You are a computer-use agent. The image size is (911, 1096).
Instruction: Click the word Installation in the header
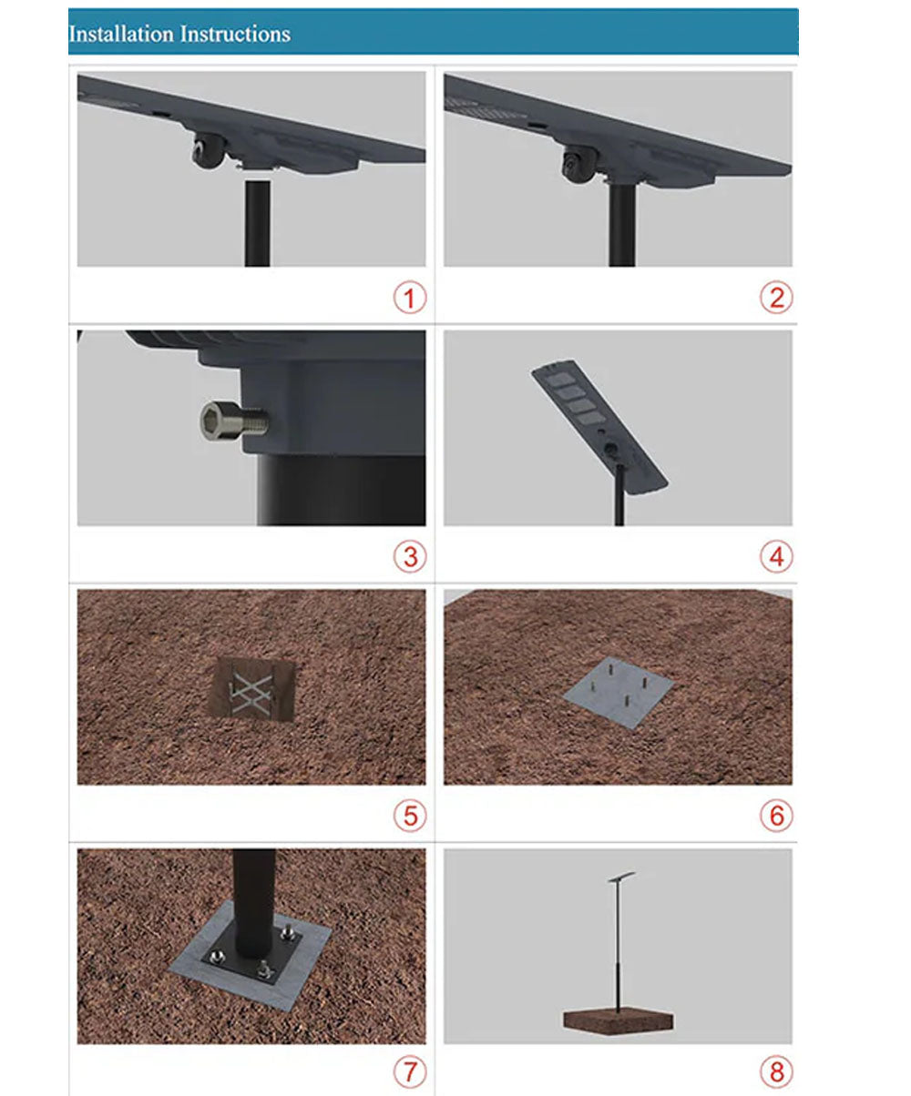click(x=121, y=34)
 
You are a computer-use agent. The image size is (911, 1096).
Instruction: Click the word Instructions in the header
click(x=235, y=34)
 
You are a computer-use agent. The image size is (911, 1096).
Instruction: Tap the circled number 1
click(x=410, y=298)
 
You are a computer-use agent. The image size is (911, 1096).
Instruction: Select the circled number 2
click(x=776, y=298)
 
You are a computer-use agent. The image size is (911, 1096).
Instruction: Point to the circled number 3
click(x=410, y=556)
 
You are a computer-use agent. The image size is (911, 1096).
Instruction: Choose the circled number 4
click(x=776, y=556)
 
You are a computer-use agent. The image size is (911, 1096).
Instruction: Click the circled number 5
click(x=410, y=816)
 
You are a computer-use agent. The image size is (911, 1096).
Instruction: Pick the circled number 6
click(x=776, y=816)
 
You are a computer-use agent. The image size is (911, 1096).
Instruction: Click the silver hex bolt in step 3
click(x=234, y=420)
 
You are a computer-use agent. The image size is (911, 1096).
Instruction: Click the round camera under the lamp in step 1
click(x=208, y=151)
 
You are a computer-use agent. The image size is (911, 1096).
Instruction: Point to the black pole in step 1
click(x=258, y=223)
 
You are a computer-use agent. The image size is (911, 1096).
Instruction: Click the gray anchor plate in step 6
click(x=619, y=692)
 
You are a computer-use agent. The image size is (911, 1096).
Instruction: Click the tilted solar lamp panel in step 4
click(x=599, y=425)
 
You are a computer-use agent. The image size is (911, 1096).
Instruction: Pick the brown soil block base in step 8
click(x=619, y=1021)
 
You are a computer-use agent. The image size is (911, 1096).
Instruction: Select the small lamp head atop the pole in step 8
click(x=621, y=876)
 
